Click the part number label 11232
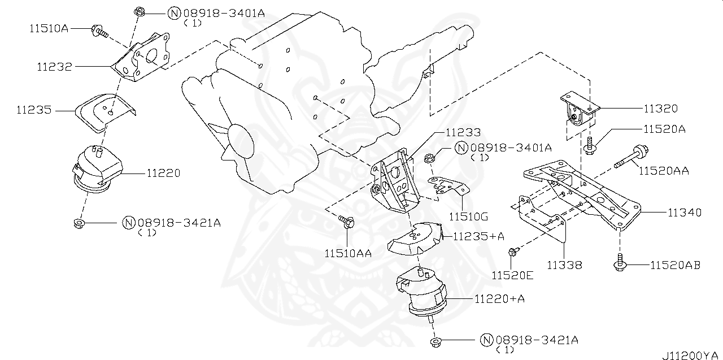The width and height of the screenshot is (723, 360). pos(55,67)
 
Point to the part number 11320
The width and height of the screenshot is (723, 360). pos(660,109)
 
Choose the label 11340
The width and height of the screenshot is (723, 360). pos(684,213)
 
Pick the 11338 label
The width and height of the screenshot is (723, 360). pos(564,264)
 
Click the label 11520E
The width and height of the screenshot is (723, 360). pos(512,275)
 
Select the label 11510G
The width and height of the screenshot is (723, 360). pos(468,216)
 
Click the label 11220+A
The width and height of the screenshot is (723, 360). pos(499,298)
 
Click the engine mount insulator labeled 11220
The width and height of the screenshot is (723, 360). pos(97,169)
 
